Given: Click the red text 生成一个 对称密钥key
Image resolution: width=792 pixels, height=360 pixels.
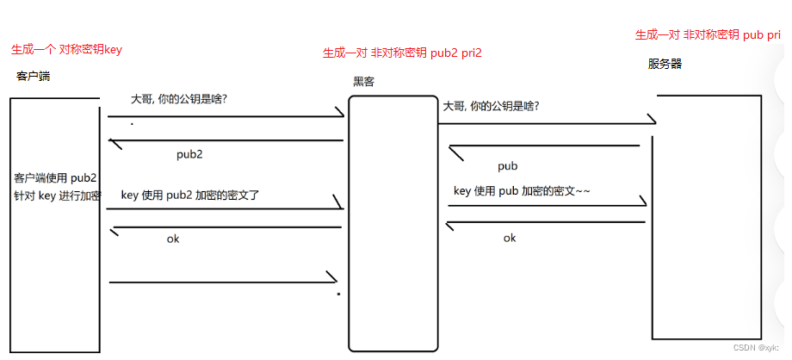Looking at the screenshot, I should coord(66,50).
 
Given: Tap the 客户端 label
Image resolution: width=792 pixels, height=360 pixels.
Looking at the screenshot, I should coord(33,77).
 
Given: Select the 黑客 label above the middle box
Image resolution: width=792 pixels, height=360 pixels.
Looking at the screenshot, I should coord(364,82).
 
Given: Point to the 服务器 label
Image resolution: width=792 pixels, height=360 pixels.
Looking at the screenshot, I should coord(665,64).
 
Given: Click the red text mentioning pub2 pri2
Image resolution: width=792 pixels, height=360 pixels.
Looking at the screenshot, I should coord(402,53).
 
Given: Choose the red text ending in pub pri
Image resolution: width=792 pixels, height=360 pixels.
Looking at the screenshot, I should coord(708,35).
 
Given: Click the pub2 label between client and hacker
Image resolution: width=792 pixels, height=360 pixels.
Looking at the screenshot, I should coord(189,155).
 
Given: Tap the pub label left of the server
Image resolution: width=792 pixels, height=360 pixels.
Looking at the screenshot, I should coord(507,166).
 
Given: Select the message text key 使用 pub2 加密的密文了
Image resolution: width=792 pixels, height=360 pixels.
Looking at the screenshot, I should coord(190,196).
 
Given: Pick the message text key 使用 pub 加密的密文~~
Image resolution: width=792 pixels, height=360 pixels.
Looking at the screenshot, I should coord(522,190).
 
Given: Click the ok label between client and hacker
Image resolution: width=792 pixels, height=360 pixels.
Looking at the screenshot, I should coord(173,239).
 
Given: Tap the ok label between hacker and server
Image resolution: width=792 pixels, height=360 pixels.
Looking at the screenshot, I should coord(510,238).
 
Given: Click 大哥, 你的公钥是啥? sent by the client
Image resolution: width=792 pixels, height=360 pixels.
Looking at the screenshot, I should coord(179,99).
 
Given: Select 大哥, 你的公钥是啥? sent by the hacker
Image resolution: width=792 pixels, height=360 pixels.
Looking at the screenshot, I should coord(492,107).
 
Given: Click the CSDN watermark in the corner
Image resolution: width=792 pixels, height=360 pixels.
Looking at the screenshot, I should coord(755,348).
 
